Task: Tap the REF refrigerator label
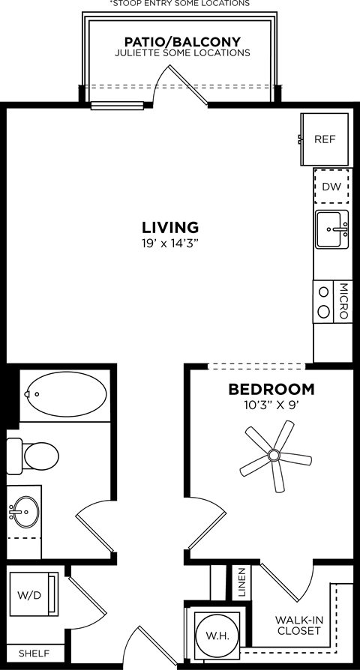(324, 139)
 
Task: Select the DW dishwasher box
(331, 187)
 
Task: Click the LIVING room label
(170, 226)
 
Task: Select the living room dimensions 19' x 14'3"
(170, 242)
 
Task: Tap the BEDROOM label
(271, 390)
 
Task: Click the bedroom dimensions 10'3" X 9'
(271, 405)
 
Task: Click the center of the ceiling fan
(274, 455)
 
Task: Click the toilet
(34, 453)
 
